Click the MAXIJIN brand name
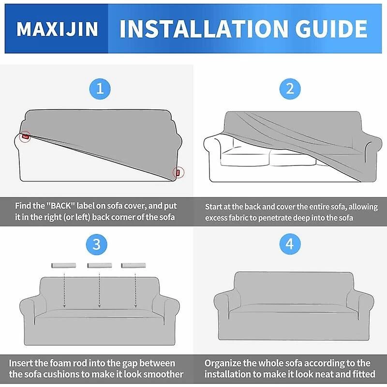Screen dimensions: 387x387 [x=57, y=29]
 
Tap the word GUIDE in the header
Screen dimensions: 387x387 [x=331, y=29]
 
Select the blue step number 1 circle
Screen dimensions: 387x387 [x=100, y=89]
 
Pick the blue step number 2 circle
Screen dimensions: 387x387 [x=290, y=89]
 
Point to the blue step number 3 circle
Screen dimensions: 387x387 [x=96, y=244]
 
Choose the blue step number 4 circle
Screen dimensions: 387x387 [x=290, y=244]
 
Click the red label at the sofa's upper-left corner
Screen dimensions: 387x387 [x=26, y=136]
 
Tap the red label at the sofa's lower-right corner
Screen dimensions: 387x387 [x=178, y=173]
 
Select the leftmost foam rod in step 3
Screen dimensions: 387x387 [x=63, y=266]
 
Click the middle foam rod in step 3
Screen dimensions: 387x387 [x=100, y=266]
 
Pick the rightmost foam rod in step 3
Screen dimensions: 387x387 [x=134, y=266]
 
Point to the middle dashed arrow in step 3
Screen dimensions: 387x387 [x=100, y=290]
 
